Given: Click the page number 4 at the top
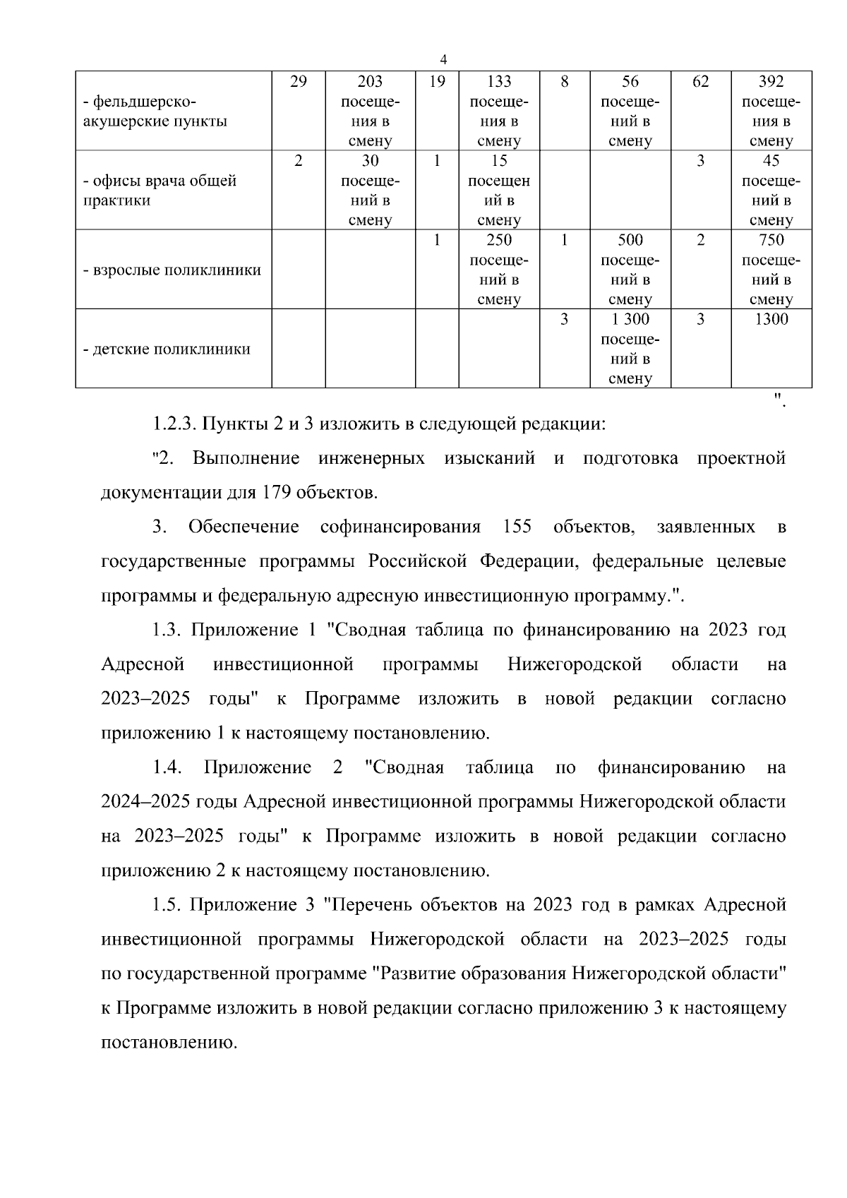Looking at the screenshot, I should [x=443, y=59].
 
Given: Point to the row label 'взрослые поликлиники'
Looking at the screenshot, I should [x=172, y=270].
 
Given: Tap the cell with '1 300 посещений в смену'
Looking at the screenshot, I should [x=630, y=349].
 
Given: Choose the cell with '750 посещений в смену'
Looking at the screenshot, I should [x=771, y=270].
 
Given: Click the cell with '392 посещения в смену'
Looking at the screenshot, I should [x=771, y=111].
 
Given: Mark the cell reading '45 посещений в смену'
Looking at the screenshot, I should [x=771, y=191].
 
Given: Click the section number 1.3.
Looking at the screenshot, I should [x=166, y=630].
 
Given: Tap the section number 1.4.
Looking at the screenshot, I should [x=168, y=767].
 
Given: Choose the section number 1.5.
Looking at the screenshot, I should [x=166, y=905].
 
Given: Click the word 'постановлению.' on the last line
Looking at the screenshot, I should [x=169, y=1043].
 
